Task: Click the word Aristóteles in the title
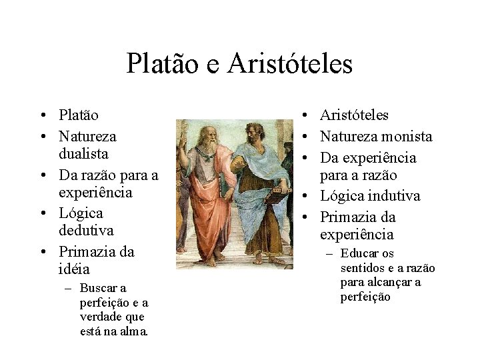[290, 64]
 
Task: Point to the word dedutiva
[87, 230]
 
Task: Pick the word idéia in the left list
[74, 269]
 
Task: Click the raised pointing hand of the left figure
[184, 131]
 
